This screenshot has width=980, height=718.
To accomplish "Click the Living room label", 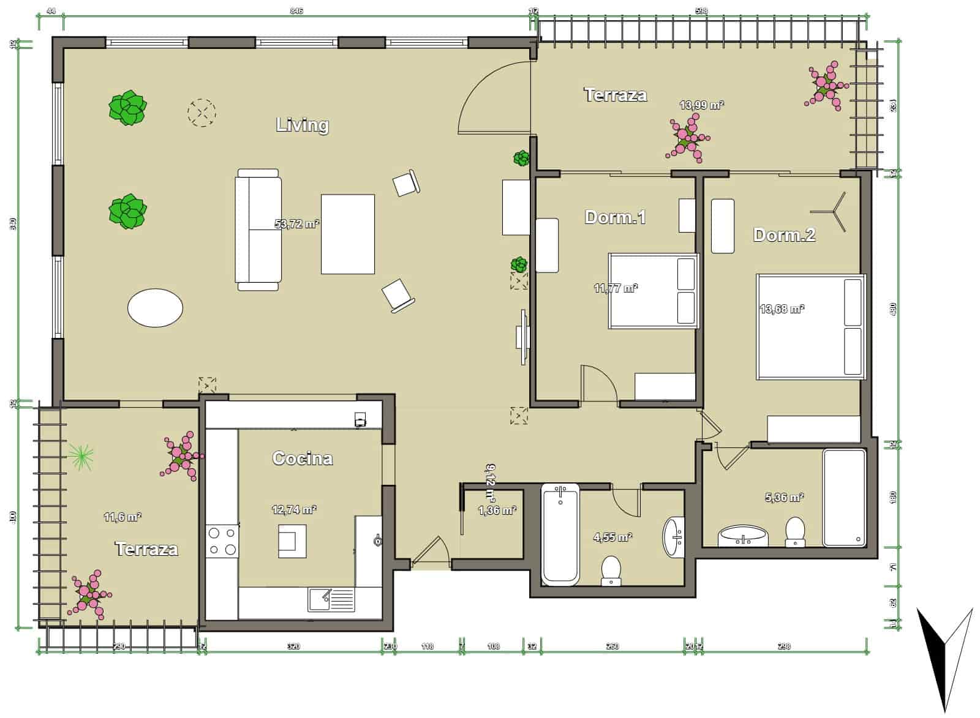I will pyautogui.click(x=303, y=125).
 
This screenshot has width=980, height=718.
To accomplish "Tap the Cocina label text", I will pyautogui.click(x=302, y=458).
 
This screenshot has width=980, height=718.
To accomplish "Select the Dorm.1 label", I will pyautogui.click(x=615, y=217).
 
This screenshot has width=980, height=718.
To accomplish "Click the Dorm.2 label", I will pyautogui.click(x=784, y=235).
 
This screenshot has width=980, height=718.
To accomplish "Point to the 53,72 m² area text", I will pyautogui.click(x=297, y=224).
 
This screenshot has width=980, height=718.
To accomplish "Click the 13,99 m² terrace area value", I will pyautogui.click(x=701, y=105).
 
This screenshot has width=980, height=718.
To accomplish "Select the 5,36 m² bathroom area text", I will pyautogui.click(x=784, y=498).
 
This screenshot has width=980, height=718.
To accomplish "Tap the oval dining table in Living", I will pyautogui.click(x=155, y=308).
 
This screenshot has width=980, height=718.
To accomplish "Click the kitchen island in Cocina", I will pyautogui.click(x=292, y=541).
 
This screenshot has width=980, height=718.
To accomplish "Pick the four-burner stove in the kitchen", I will pyautogui.click(x=222, y=541).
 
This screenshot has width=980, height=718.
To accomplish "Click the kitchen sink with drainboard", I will pyautogui.click(x=331, y=599).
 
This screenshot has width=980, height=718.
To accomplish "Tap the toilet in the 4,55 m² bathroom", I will pyautogui.click(x=611, y=570).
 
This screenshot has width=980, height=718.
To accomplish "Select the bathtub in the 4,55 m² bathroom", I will pyautogui.click(x=560, y=534).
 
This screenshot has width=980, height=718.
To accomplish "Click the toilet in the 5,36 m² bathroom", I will pyautogui.click(x=795, y=531).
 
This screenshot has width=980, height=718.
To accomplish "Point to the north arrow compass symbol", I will pyautogui.click(x=944, y=658).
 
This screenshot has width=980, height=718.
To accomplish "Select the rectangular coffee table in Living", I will pyautogui.click(x=348, y=234).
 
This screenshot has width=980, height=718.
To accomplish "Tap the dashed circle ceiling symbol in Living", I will pyautogui.click(x=202, y=113).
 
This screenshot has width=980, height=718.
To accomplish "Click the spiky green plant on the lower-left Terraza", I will pyautogui.click(x=81, y=455).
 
